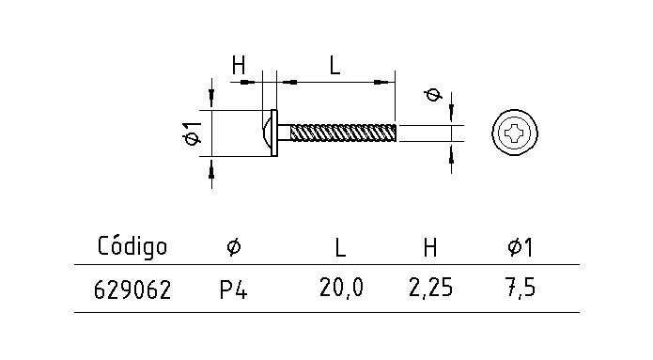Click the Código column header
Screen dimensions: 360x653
pyautogui.click(x=132, y=247)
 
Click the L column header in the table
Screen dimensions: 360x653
pyautogui.click(x=340, y=247)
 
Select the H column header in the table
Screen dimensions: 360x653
pyautogui.click(x=429, y=247)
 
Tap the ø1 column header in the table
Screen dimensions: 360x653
pyautogui.click(x=520, y=247)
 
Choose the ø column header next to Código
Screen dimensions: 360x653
pyautogui.click(x=233, y=247)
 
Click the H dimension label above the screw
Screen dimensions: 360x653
pyautogui.click(x=239, y=65)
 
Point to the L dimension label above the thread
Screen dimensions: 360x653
pyautogui.click(x=334, y=65)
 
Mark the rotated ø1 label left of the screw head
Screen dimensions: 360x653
pyautogui.click(x=192, y=133)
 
